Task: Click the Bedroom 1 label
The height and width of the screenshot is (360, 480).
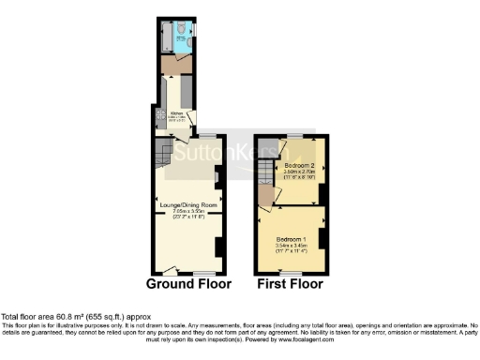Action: tap(289, 239)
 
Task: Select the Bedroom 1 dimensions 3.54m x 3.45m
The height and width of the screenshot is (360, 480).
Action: tap(289, 246)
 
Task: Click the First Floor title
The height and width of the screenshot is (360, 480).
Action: tap(289, 282)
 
